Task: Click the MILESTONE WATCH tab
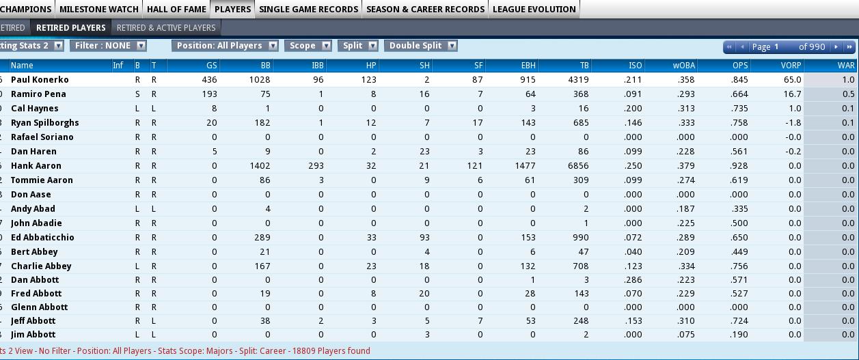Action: [x=99, y=9]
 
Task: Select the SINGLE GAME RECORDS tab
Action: [x=308, y=9]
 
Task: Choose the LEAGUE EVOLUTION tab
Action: [x=534, y=9]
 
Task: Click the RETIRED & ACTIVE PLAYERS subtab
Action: [x=166, y=27]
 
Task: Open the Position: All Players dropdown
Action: [x=225, y=46]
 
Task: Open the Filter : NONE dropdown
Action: [x=108, y=46]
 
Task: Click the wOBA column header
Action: [x=683, y=66]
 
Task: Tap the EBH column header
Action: [x=528, y=66]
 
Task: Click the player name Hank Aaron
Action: [x=36, y=166]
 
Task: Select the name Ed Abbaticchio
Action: [x=42, y=238]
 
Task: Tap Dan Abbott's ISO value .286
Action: [x=633, y=280]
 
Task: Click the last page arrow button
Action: [x=849, y=47]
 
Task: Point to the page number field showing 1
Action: [x=777, y=47]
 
